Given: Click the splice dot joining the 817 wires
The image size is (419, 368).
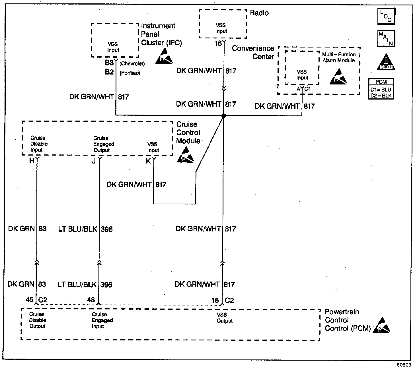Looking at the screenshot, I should (x=223, y=115).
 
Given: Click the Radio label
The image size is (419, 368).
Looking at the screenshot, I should (x=259, y=13).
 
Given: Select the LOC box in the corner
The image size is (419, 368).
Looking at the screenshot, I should (x=386, y=16).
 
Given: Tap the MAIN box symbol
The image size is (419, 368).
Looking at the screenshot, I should (x=386, y=38).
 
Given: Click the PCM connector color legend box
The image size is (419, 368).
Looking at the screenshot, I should (x=381, y=89).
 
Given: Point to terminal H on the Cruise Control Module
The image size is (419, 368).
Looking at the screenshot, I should (x=32, y=161).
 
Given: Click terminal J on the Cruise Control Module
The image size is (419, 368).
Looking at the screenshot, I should (x=94, y=161).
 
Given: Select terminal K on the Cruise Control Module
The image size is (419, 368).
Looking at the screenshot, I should (x=148, y=161).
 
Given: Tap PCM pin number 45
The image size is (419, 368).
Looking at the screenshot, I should (x=30, y=300).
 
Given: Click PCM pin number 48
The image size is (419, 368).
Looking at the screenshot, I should (x=91, y=300).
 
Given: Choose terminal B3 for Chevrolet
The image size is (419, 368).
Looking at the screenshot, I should (x=109, y=63).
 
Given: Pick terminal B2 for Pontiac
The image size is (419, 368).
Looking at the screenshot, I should (x=109, y=72).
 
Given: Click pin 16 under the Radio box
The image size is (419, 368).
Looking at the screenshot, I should (x=218, y=44).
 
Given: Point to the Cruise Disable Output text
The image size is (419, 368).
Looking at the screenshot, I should (x=37, y=320).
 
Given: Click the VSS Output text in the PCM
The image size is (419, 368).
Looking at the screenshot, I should (x=224, y=318).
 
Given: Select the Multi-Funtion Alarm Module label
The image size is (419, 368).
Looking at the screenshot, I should (x=338, y=57).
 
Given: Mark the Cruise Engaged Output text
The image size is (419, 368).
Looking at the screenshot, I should (x=104, y=144).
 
